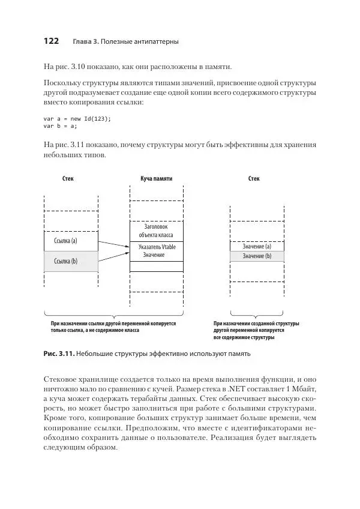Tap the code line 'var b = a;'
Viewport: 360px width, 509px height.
[61, 126]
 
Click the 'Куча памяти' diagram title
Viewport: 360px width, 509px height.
[156, 179]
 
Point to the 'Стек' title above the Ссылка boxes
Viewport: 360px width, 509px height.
[68, 179]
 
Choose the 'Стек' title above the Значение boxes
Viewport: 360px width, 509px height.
[254, 179]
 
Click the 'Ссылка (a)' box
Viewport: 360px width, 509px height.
[71, 241]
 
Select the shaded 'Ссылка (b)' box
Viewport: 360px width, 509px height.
[71, 261]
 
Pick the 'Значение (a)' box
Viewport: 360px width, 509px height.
[257, 247]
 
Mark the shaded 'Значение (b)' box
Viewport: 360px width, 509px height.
[257, 256]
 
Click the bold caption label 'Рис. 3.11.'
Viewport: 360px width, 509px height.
[59, 354]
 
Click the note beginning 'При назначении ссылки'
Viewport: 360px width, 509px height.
[113, 327]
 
